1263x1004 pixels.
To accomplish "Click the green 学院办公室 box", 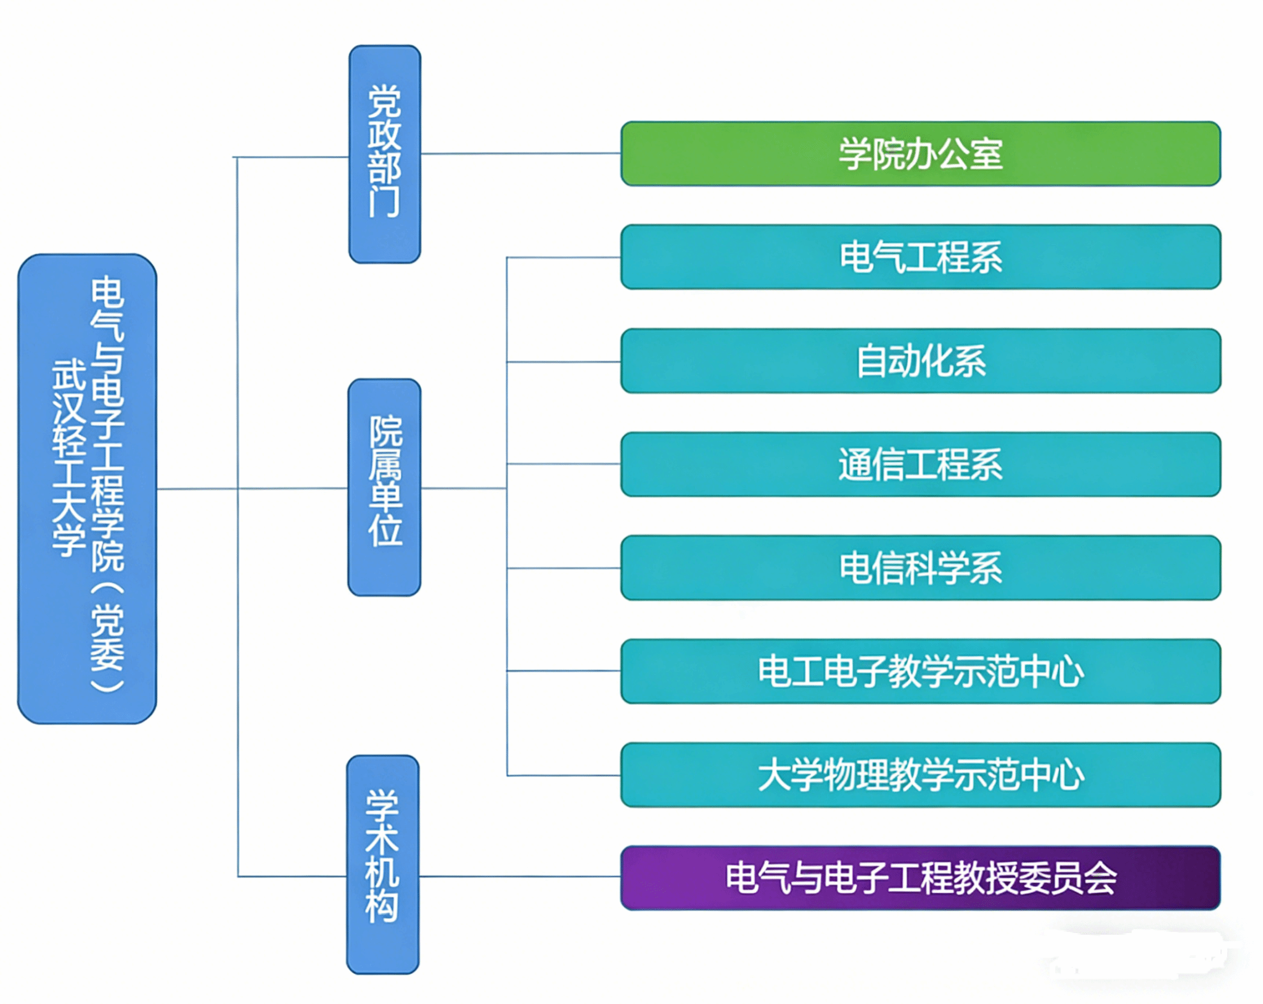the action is (x=921, y=154).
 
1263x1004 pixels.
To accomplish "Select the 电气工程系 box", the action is (x=921, y=257).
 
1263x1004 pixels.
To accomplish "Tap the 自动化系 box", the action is (x=921, y=361).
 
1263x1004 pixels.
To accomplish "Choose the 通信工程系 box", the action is (x=921, y=464).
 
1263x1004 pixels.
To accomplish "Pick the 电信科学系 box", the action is (x=921, y=568).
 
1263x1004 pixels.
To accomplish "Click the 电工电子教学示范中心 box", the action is (x=921, y=671).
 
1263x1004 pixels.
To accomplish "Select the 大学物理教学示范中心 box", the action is (x=921, y=775).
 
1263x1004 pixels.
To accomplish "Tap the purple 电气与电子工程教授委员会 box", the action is (x=921, y=878).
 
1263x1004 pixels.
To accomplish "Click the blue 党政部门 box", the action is (x=385, y=154).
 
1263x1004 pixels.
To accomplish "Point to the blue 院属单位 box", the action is (x=385, y=487).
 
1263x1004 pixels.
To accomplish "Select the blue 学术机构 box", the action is (x=383, y=865).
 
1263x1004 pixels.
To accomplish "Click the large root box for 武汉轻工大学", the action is (x=87, y=489).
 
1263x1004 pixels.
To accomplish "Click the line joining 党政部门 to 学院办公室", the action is (x=521, y=154).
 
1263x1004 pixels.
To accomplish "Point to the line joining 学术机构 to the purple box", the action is (x=520, y=876).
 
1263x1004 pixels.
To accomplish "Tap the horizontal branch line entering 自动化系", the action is (x=564, y=362).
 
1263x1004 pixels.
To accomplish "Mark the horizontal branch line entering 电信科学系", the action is (x=564, y=568).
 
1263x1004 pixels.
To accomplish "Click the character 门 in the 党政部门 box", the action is (x=384, y=202).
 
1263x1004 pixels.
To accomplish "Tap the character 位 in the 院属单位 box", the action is (x=385, y=531).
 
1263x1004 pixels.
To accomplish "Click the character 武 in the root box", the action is (x=68, y=375).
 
